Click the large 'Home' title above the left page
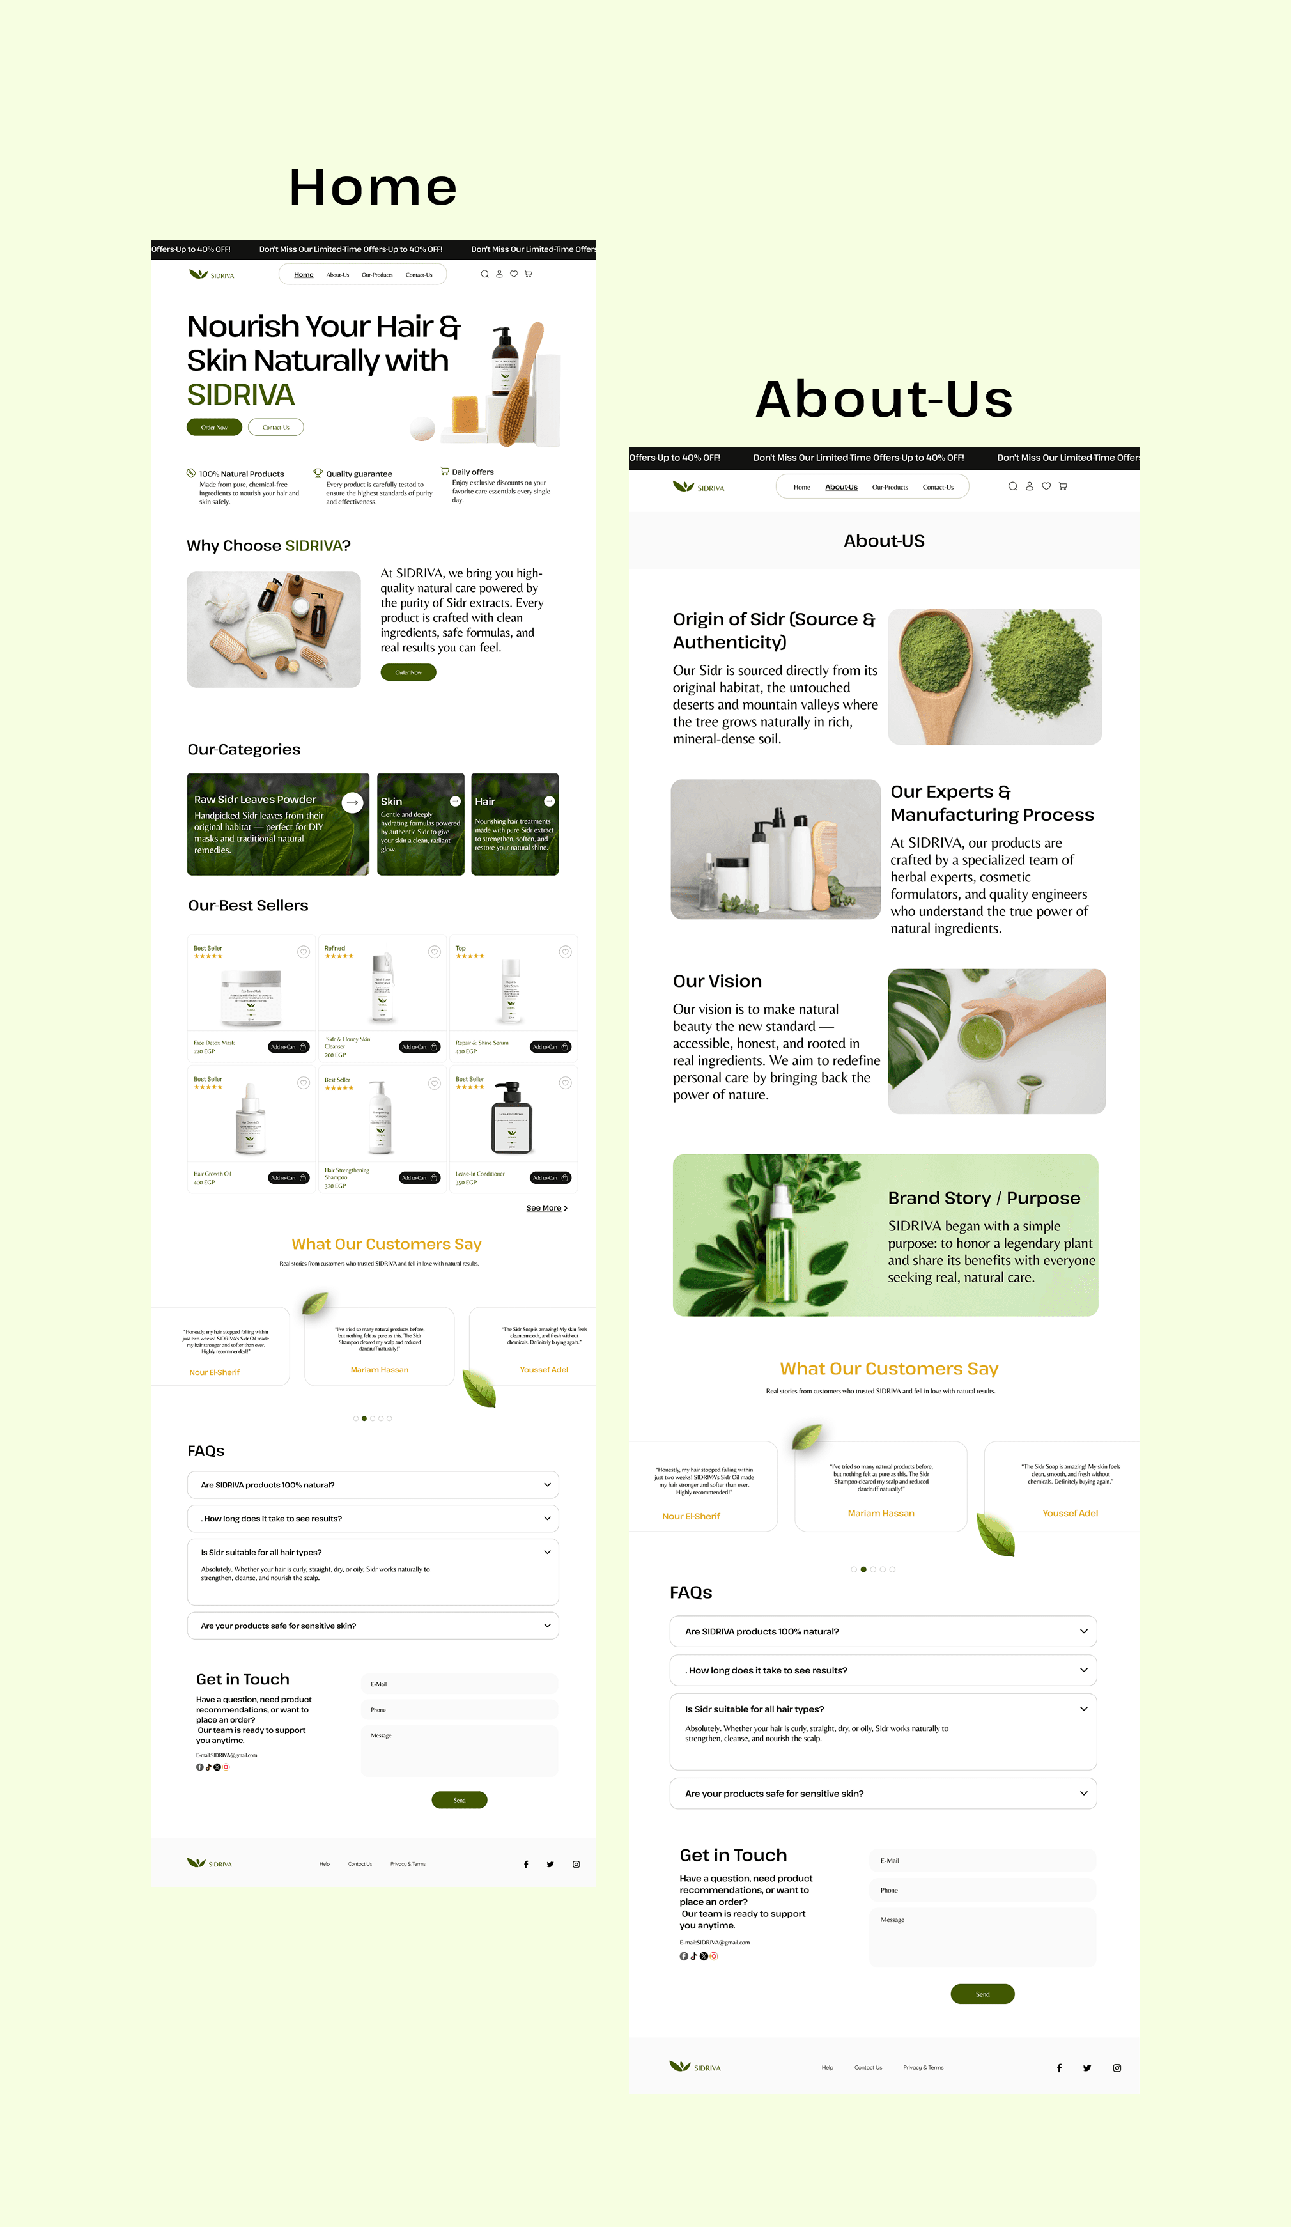click(373, 187)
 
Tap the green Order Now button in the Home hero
click(214, 427)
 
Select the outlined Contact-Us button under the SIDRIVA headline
click(275, 427)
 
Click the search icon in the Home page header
click(484, 274)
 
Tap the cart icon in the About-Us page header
click(1063, 486)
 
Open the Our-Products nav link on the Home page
click(376, 275)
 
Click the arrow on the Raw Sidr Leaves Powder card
click(353, 802)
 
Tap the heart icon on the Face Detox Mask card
click(303, 952)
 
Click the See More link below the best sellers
click(546, 1208)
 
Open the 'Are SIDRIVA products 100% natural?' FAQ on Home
click(373, 1485)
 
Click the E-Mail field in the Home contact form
click(460, 1684)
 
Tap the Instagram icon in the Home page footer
click(576, 1864)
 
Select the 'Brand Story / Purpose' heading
click(984, 1199)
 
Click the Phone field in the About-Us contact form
click(982, 1890)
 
